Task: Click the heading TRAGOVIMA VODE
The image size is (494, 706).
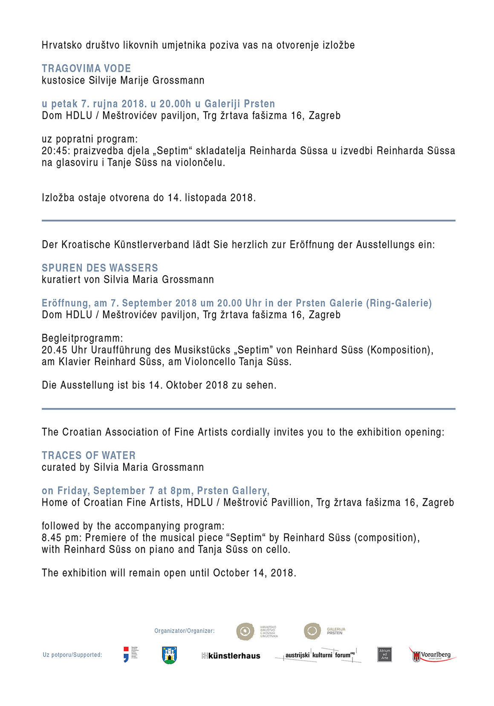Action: click(x=86, y=68)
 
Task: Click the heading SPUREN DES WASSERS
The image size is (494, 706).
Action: click(x=100, y=268)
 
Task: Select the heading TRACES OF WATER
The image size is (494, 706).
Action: click(x=89, y=455)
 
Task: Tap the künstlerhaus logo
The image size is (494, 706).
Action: click(x=231, y=656)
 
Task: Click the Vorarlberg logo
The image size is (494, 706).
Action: click(x=432, y=655)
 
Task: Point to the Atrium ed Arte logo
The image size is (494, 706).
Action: click(x=384, y=654)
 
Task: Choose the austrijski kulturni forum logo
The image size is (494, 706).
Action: click(x=318, y=655)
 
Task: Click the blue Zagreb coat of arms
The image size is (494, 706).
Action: click(x=170, y=655)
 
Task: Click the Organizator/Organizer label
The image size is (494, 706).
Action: click(x=185, y=631)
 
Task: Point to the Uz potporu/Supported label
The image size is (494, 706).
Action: click(x=72, y=655)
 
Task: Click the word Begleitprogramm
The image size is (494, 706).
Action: click(x=82, y=338)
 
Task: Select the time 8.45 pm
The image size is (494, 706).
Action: click(x=61, y=538)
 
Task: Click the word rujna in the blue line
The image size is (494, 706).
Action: click(x=106, y=104)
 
